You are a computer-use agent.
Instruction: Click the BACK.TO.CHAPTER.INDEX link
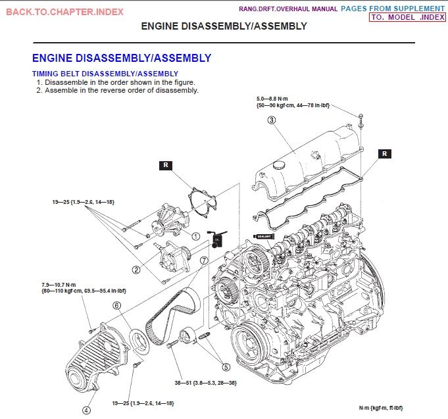pyautogui.click(x=64, y=12)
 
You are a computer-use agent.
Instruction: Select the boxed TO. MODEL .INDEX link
pyautogui.click(x=407, y=17)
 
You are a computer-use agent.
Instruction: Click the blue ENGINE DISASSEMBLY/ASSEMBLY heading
pyautogui.click(x=122, y=58)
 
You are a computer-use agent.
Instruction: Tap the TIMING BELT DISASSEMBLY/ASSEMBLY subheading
pyautogui.click(x=105, y=74)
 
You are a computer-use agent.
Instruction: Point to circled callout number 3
pyautogui.click(x=271, y=120)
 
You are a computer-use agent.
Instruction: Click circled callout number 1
pyautogui.click(x=195, y=235)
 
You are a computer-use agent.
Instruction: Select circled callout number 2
pyautogui.click(x=136, y=269)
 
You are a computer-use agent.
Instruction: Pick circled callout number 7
pyautogui.click(x=204, y=260)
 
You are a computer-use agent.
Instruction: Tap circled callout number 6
pyautogui.click(x=116, y=305)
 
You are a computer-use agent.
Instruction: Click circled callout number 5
pyautogui.click(x=226, y=367)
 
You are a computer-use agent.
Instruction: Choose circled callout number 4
pyautogui.click(x=86, y=410)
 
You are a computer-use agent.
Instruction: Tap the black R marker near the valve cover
pyautogui.click(x=385, y=153)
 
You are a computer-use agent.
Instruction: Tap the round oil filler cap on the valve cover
pyautogui.click(x=282, y=164)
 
